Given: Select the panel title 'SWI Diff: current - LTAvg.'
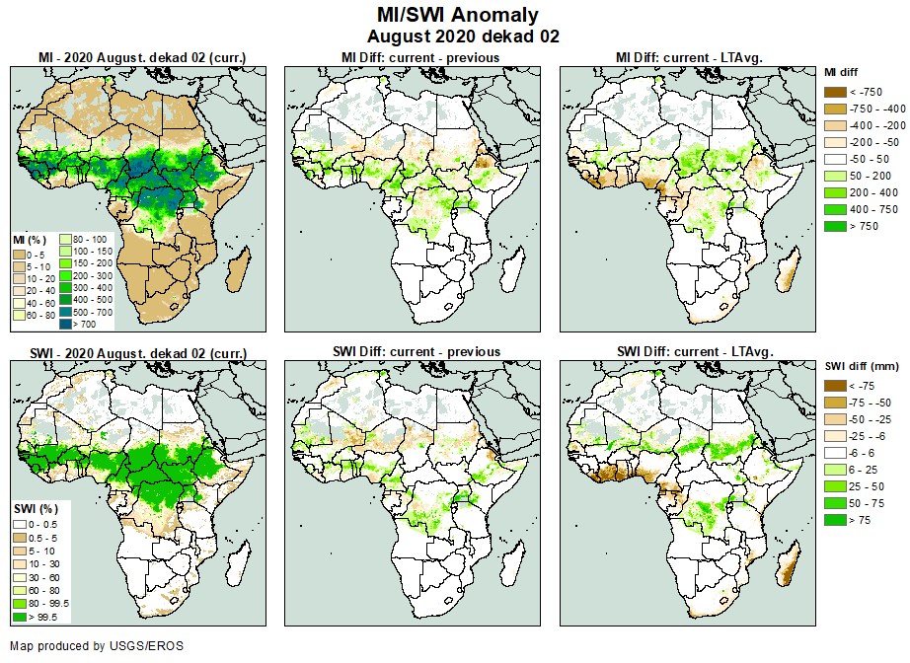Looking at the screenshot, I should tap(693, 351).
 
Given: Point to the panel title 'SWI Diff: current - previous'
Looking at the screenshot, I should tap(420, 351).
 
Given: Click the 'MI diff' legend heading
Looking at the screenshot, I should tap(842, 72).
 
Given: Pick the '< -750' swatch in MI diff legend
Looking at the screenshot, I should tap(835, 91).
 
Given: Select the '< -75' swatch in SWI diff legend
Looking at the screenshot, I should tap(835, 386).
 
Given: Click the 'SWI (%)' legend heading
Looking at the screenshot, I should tap(31, 507).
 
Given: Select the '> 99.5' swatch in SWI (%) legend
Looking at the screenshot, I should tap(20, 617).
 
